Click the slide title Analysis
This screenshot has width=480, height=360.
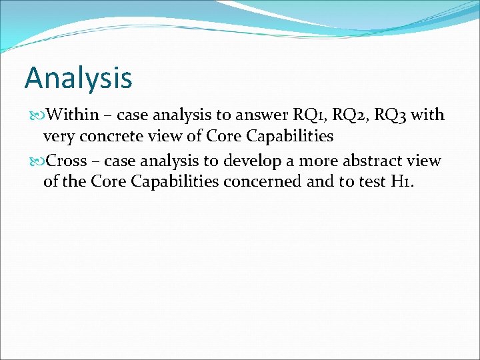(x=78, y=78)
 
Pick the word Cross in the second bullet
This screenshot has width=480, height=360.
(x=67, y=161)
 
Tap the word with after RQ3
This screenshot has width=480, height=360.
(x=428, y=115)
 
